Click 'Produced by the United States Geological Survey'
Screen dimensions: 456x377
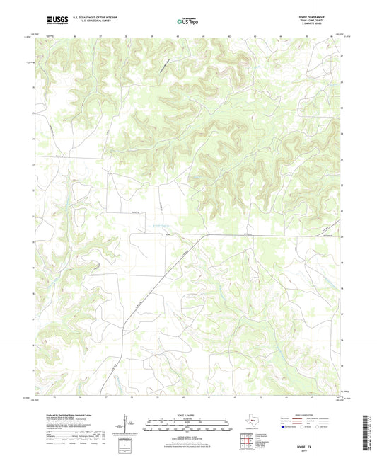tap(64, 410)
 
